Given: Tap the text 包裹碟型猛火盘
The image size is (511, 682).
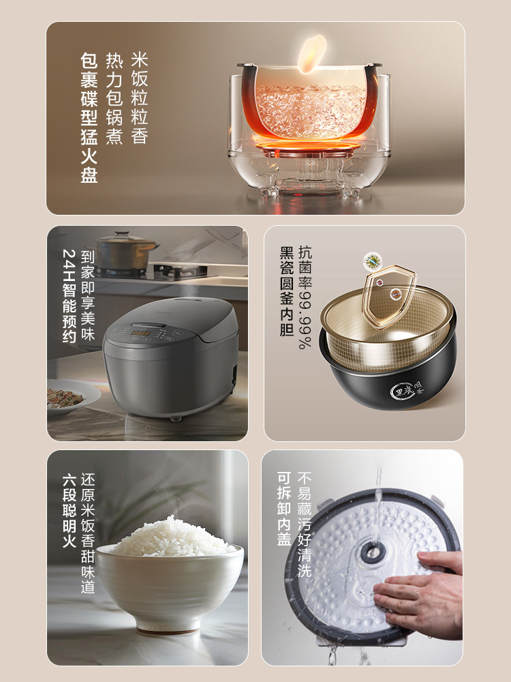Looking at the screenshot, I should pos(89,117).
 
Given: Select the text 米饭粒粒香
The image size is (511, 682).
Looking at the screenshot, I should pos(139,98).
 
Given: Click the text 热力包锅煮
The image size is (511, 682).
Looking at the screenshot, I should pos(114,98).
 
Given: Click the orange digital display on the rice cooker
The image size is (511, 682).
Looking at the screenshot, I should pos(141,333).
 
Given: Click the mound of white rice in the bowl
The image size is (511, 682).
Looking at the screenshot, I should pos(172,537).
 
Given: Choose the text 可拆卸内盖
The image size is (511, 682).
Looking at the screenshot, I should pos(285,510).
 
